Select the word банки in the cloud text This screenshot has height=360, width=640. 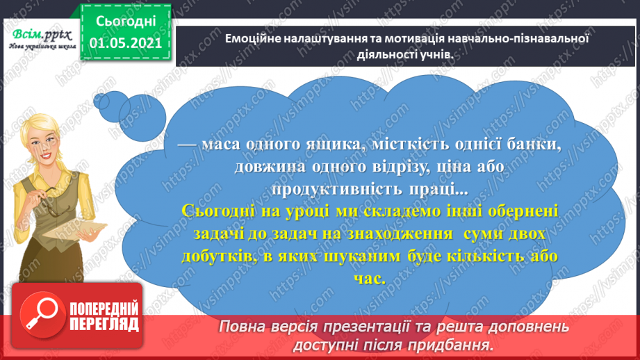click(534, 145)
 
